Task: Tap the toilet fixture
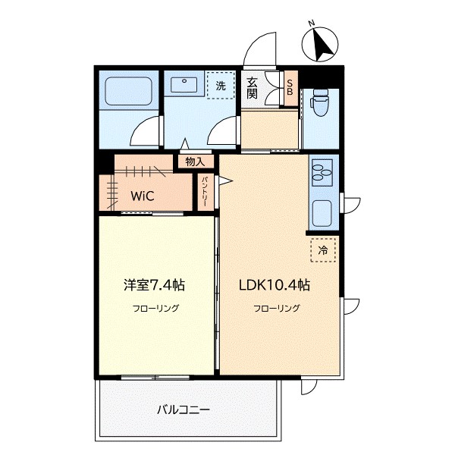click(319, 102)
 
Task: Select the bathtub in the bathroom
click(129, 91)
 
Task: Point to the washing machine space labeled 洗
click(221, 86)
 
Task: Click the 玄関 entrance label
click(253, 88)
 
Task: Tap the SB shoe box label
click(290, 88)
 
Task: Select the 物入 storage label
click(195, 162)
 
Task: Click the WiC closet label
click(143, 196)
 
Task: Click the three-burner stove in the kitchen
click(322, 172)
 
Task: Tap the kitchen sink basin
click(322, 213)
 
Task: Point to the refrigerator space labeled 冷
click(323, 250)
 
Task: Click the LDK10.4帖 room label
click(275, 285)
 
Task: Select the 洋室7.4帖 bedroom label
click(155, 285)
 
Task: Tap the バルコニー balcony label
click(184, 410)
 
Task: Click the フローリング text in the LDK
click(277, 308)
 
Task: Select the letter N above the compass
click(312, 23)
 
